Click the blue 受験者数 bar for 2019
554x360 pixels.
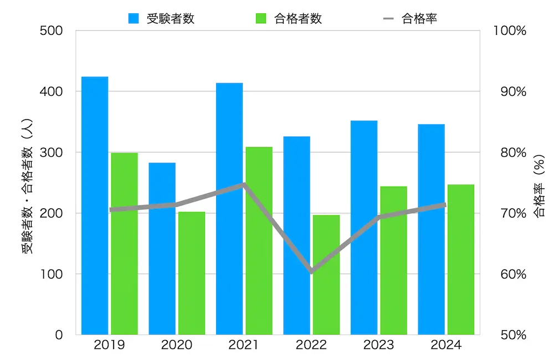point(95,205)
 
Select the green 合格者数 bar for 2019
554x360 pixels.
point(124,244)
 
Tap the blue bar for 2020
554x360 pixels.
point(162,249)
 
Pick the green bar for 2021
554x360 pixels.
point(259,241)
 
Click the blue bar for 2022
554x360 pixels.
point(296,235)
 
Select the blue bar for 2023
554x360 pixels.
point(364,228)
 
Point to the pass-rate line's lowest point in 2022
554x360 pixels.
point(311,271)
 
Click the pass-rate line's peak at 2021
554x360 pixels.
point(244,184)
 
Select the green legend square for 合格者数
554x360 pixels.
point(261,18)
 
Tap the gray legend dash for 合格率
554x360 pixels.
point(389,18)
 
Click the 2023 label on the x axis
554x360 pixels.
point(378,346)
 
